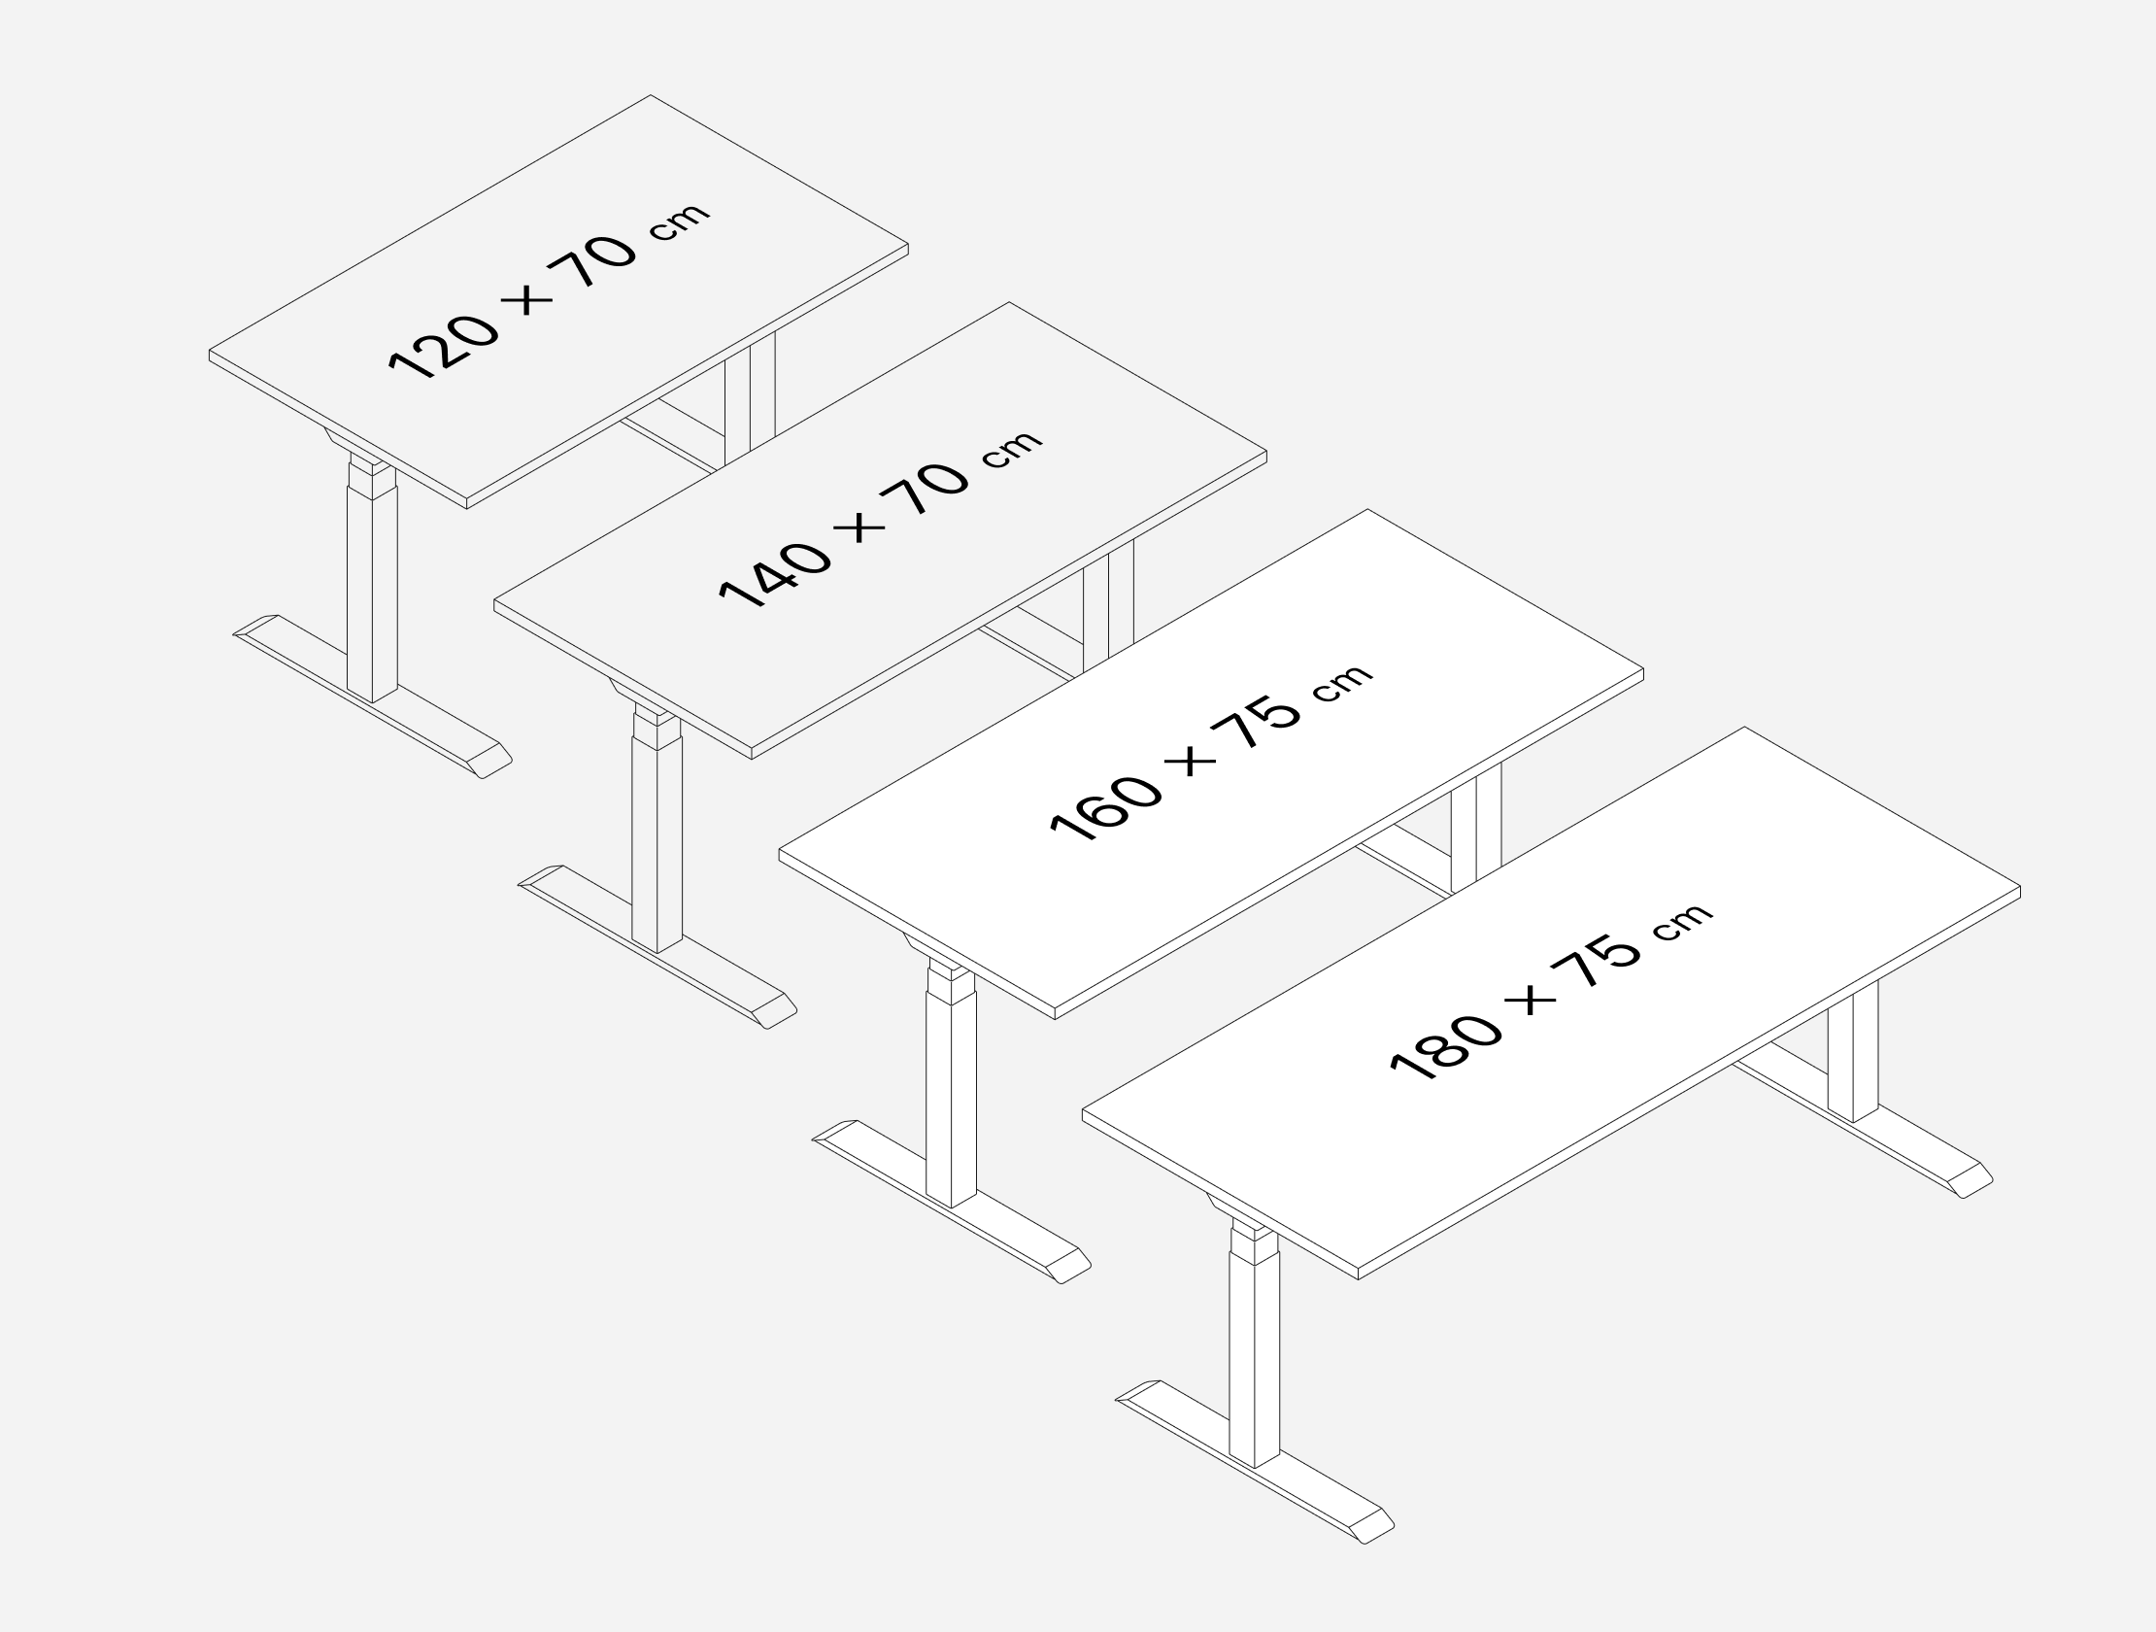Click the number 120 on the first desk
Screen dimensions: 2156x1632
(444, 346)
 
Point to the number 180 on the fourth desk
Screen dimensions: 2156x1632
(1444, 1046)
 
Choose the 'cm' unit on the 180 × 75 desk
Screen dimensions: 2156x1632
(1682, 921)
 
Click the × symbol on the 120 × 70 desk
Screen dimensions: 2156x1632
(527, 296)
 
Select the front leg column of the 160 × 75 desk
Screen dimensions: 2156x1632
(951, 1097)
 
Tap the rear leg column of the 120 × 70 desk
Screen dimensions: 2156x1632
(750, 399)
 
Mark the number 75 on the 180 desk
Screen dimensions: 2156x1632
(1595, 964)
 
